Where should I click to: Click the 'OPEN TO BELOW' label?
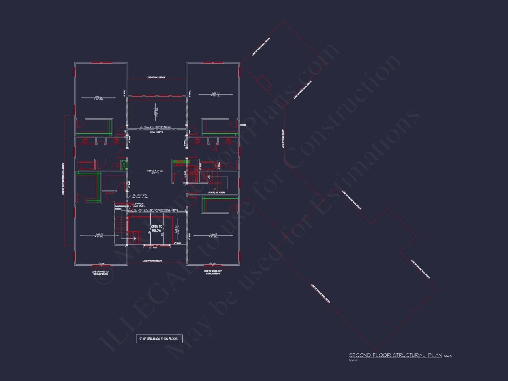[156, 228]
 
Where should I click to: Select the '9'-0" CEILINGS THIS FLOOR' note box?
[159, 339]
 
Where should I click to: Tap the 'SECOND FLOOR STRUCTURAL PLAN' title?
[395, 355]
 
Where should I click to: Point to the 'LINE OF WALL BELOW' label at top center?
[156, 77]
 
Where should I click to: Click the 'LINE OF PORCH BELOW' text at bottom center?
[152, 261]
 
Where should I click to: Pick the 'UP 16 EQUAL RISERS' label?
[216, 193]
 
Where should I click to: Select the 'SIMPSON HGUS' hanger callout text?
[139, 205]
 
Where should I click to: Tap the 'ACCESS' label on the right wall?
[243, 125]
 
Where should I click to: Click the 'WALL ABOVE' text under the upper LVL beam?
[156, 132]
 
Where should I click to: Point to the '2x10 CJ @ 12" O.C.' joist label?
[155, 171]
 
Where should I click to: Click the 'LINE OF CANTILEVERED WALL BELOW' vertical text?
[63, 179]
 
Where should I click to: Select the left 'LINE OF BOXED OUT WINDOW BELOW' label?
[101, 273]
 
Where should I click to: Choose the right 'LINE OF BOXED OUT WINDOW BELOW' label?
[213, 272]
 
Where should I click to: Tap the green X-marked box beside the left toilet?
[124, 165]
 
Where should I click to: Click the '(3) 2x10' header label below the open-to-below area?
[153, 248]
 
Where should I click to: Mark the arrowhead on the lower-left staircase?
[135, 239]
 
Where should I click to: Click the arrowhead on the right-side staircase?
[209, 177]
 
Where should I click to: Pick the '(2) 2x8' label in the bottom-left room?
[101, 263]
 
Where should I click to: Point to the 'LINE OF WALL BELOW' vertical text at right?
[283, 139]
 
